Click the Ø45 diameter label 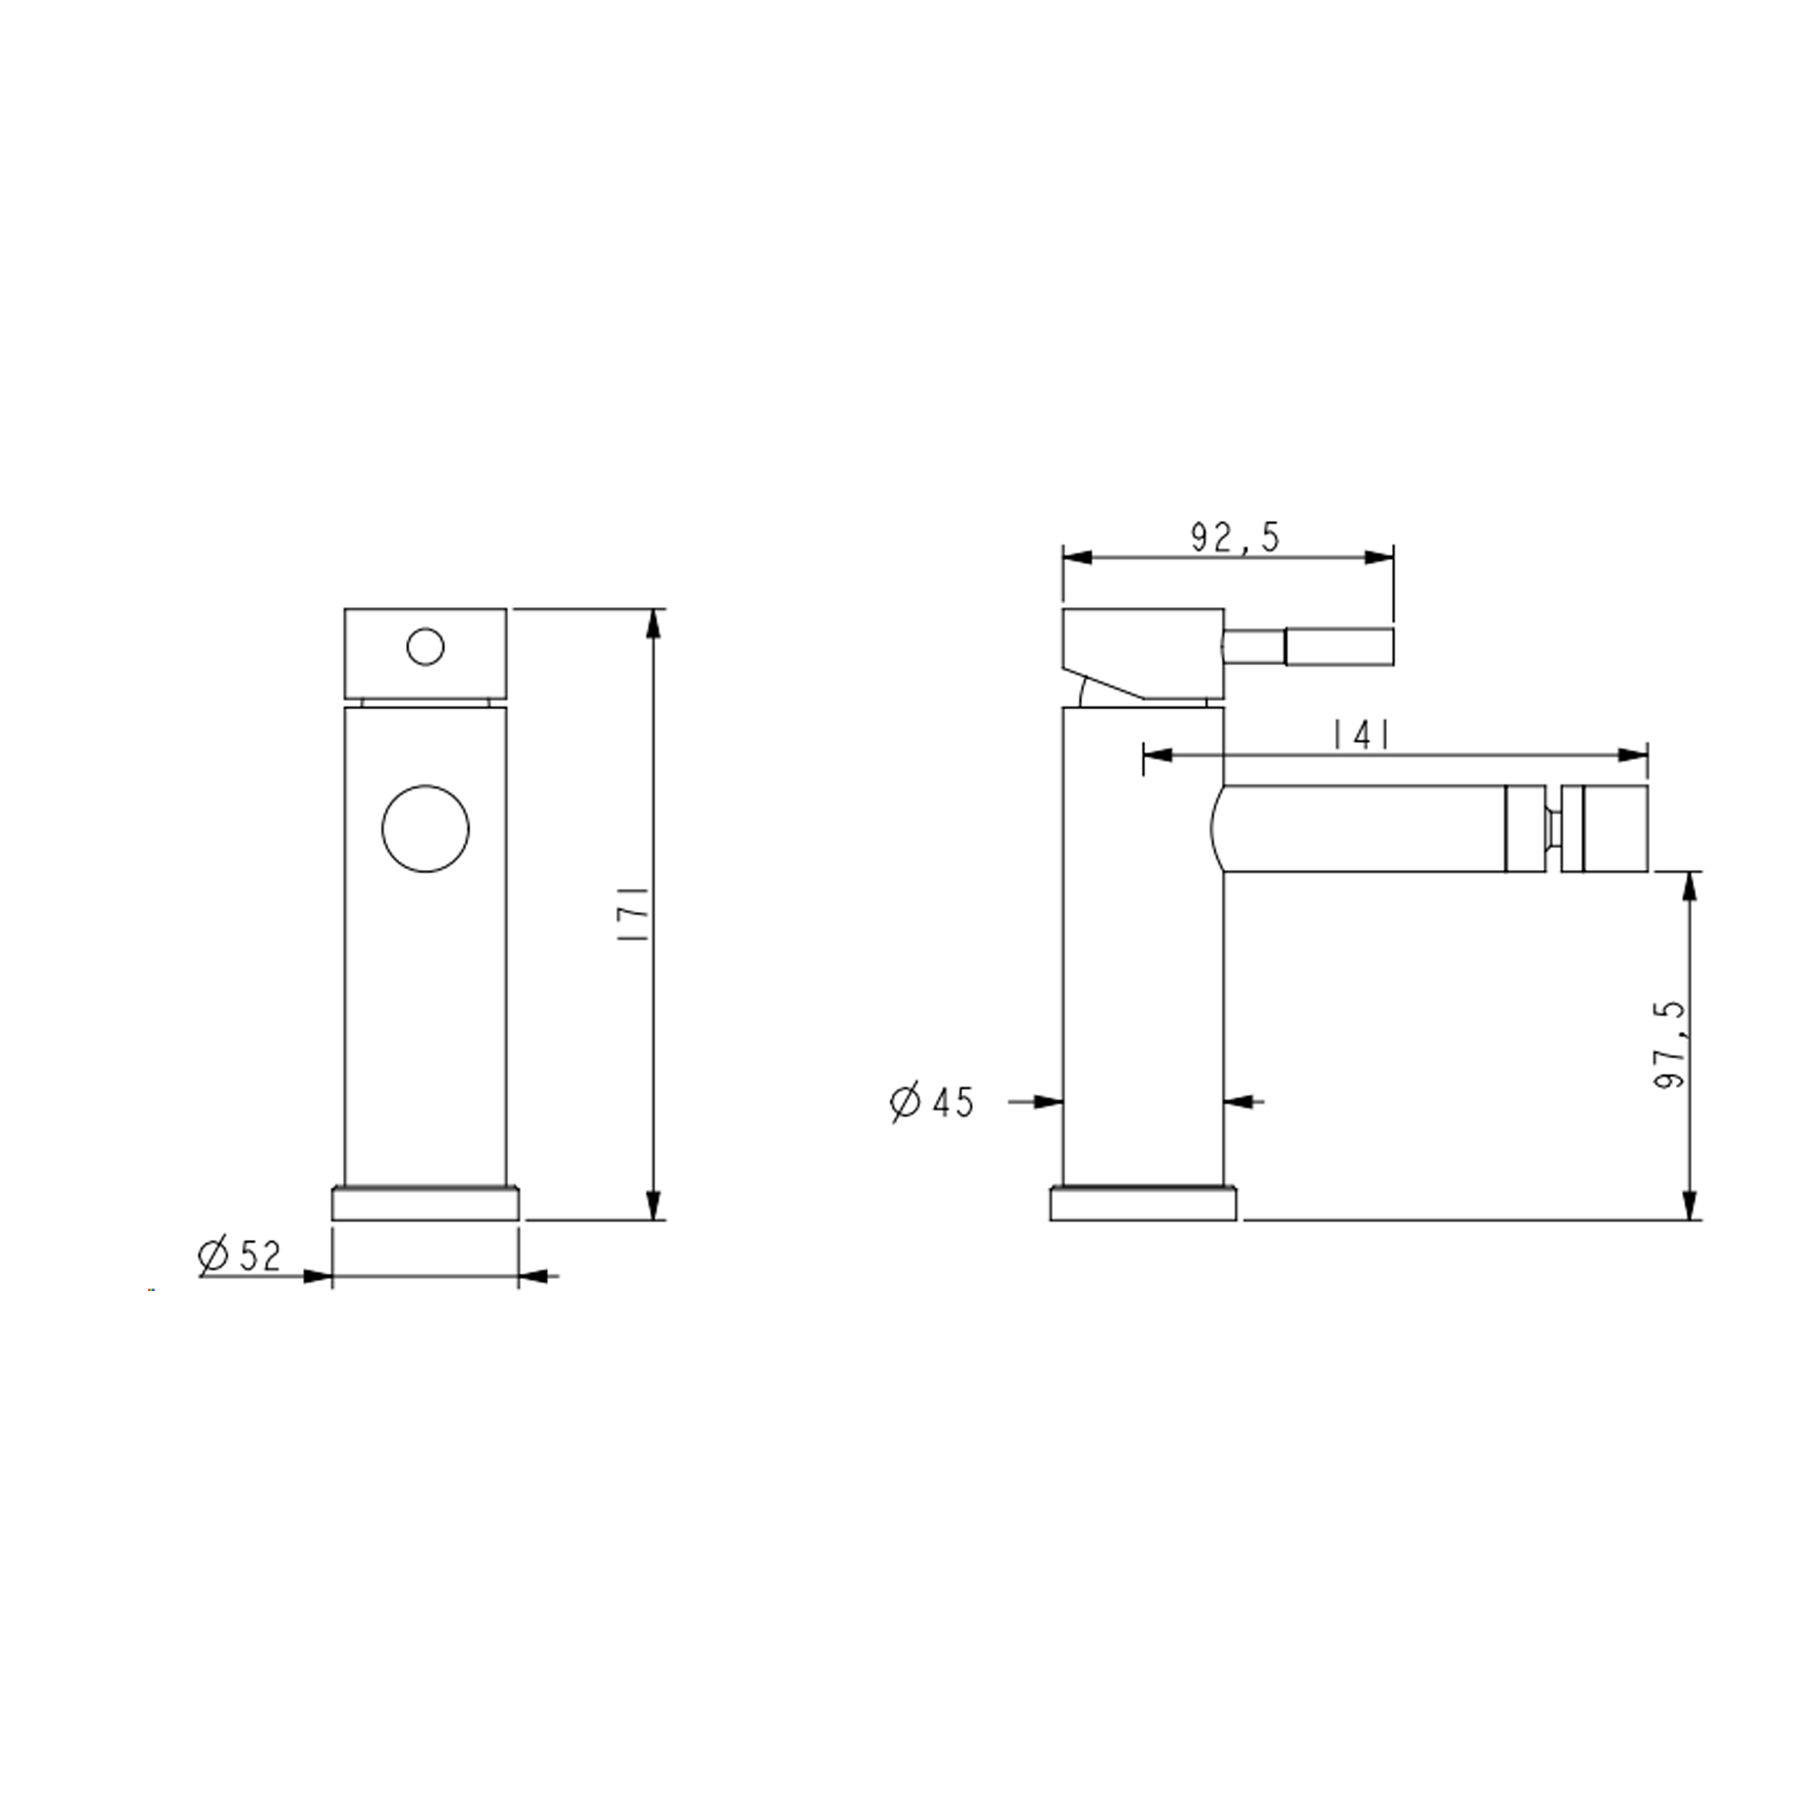click(x=932, y=1102)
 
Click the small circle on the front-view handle click(x=426, y=646)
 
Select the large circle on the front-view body click(x=426, y=828)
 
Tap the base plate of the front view click(x=426, y=1204)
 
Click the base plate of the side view click(x=1143, y=1204)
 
